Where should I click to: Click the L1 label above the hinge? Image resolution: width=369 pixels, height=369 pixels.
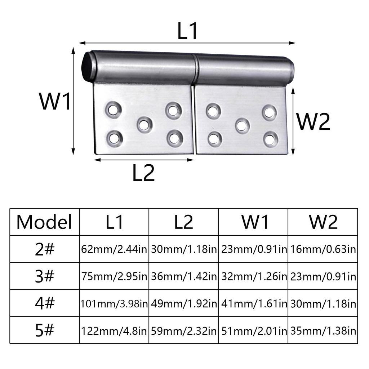pyautogui.click(x=187, y=31)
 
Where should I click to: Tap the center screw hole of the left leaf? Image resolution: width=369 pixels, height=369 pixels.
pyautogui.click(x=144, y=125)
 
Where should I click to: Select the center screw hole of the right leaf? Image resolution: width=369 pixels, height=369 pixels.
pyautogui.click(x=243, y=125)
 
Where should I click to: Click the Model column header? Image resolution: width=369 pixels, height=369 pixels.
pyautogui.click(x=44, y=222)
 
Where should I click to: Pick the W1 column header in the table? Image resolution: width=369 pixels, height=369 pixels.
pyautogui.click(x=255, y=222)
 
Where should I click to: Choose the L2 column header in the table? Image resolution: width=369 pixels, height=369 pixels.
pyautogui.click(x=184, y=222)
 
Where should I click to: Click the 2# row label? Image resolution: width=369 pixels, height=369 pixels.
pyautogui.click(x=44, y=249)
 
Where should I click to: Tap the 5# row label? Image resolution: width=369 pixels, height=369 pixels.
pyautogui.click(x=44, y=330)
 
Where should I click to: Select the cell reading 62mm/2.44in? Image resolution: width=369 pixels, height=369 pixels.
pyautogui.click(x=114, y=249)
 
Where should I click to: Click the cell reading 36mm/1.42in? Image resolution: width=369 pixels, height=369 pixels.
pyautogui.click(x=184, y=276)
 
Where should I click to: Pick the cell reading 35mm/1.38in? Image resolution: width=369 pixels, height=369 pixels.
pyautogui.click(x=323, y=330)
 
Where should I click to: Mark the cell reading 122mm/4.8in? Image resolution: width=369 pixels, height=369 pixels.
pyautogui.click(x=114, y=330)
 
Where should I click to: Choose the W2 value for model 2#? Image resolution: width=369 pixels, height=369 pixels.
pyautogui.click(x=323, y=249)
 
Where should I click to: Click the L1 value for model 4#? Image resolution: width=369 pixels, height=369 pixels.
pyautogui.click(x=114, y=303)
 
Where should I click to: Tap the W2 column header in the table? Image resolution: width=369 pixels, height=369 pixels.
pyautogui.click(x=323, y=222)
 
